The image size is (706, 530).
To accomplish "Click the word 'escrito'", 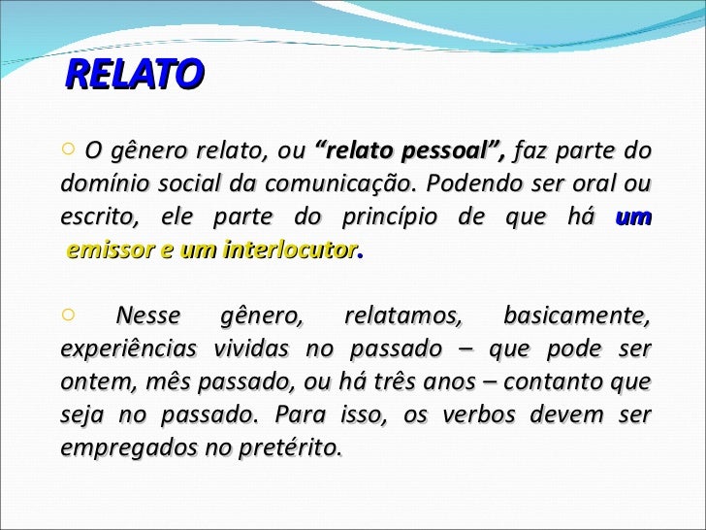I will click(92, 217).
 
